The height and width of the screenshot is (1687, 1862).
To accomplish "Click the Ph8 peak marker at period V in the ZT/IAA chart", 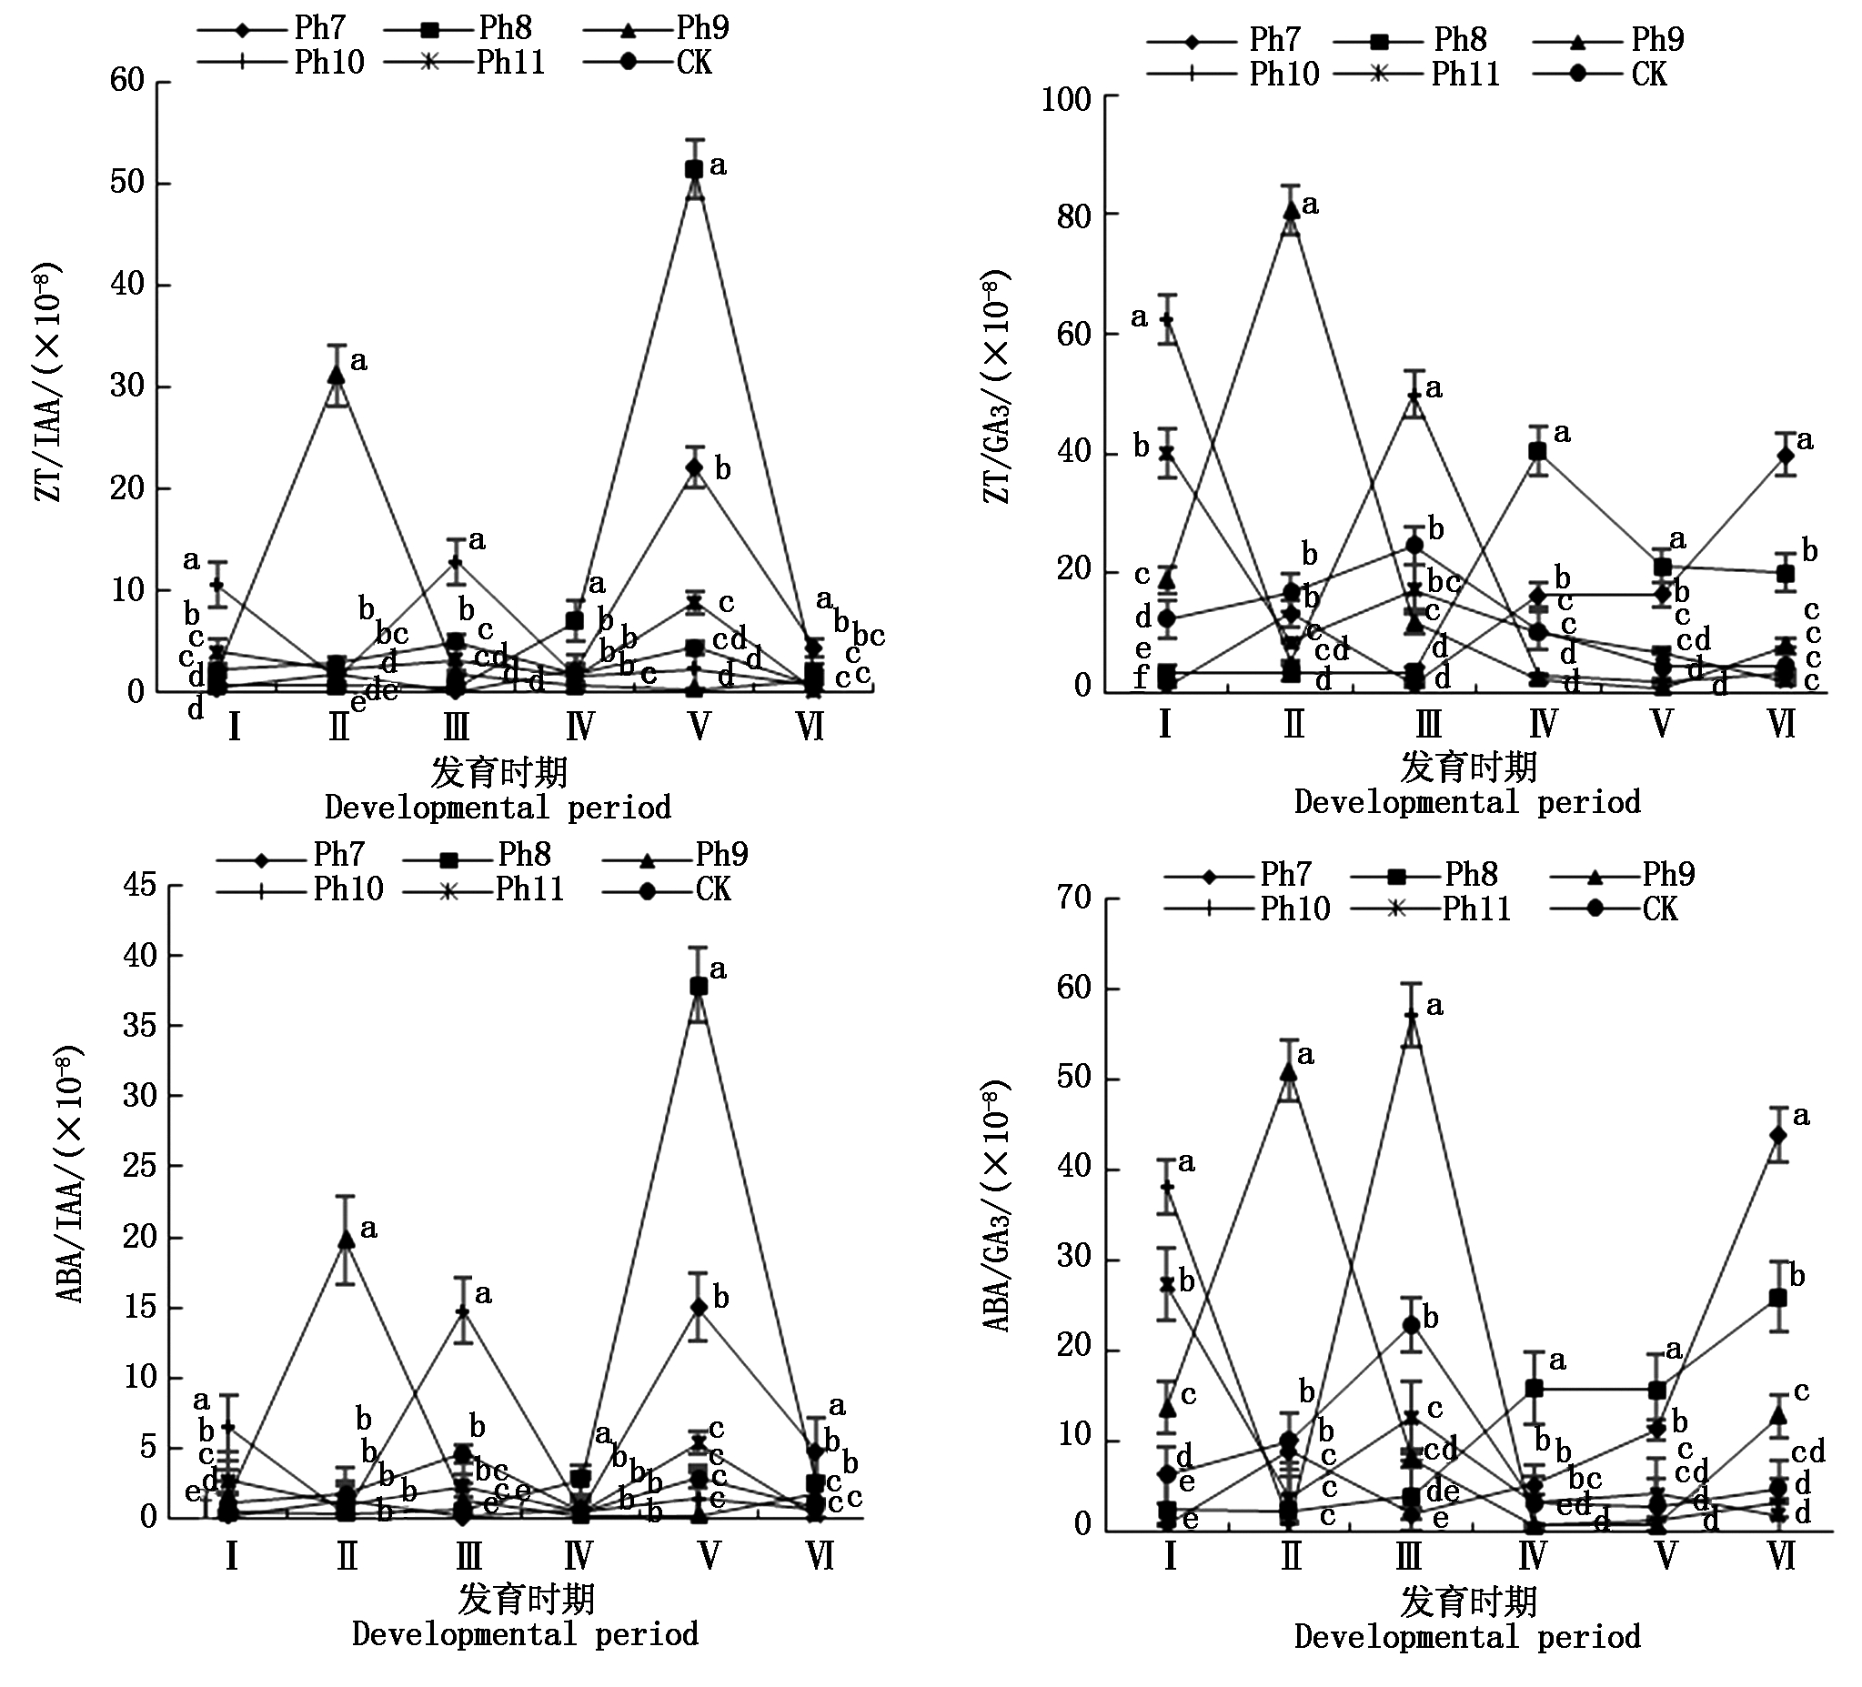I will [x=694, y=169].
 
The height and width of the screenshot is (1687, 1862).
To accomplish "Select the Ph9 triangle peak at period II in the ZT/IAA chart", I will [x=338, y=374].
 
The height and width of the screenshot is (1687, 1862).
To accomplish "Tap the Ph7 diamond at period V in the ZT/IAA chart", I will [x=695, y=467].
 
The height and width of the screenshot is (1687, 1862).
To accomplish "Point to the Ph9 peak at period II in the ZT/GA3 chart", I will [x=1291, y=209].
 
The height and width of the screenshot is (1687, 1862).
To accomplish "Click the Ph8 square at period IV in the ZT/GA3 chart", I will [x=1537, y=450].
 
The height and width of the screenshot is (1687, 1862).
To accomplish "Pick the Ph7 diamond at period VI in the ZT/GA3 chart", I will [x=1785, y=456].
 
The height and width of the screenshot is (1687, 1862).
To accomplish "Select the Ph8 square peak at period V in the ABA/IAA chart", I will [x=699, y=986].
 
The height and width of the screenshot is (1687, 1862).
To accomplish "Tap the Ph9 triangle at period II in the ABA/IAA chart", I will [x=347, y=1240].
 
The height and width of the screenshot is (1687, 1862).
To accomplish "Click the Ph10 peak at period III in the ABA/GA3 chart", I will [x=1410, y=1016].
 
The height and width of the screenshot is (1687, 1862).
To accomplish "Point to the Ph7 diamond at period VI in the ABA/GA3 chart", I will [x=1778, y=1134].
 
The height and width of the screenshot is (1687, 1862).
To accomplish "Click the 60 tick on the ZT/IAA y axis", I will [x=127, y=80].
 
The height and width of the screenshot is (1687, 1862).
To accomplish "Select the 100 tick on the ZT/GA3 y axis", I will [x=1066, y=99].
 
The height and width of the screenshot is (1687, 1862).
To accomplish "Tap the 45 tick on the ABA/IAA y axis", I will [x=139, y=886].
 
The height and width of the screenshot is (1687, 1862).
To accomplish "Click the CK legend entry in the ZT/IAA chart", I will [x=693, y=63].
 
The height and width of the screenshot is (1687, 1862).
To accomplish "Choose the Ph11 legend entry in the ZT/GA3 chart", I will [x=1464, y=74].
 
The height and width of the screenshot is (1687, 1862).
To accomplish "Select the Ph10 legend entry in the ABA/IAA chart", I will [x=347, y=889].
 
